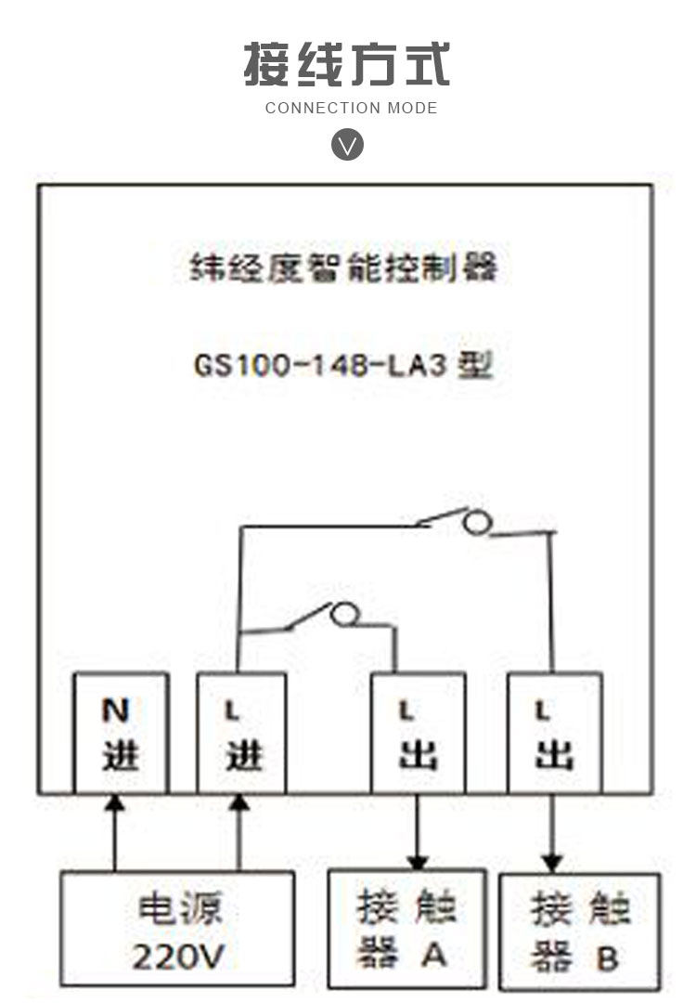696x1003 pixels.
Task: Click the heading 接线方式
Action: point(347,64)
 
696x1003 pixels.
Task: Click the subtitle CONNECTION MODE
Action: point(351,108)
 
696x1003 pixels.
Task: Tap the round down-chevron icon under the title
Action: point(348,146)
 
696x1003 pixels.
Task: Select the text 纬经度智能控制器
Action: point(344,268)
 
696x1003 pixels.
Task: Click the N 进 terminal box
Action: point(121,734)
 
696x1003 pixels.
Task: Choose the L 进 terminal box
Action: point(241,734)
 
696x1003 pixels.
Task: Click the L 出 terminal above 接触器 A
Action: point(418,734)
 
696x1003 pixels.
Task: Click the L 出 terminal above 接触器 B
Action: point(554,734)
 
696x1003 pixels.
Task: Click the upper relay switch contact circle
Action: point(476,524)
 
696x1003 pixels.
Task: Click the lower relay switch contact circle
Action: point(345,614)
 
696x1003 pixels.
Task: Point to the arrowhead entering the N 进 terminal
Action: point(114,802)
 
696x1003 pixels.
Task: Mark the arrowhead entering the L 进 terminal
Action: point(239,802)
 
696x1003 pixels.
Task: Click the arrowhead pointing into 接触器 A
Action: point(419,860)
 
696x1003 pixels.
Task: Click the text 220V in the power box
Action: point(177,956)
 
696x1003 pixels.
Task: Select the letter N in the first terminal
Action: point(115,711)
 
